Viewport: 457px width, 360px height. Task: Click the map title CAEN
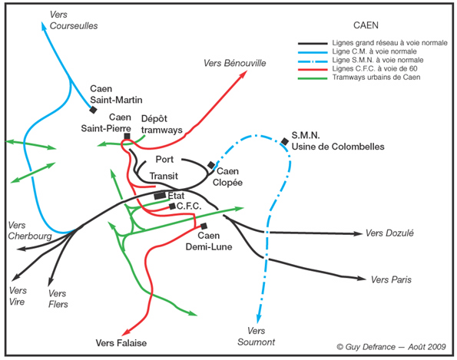(x=366, y=25)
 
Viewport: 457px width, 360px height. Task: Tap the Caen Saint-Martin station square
(x=93, y=110)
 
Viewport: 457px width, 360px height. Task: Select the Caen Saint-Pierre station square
(x=127, y=137)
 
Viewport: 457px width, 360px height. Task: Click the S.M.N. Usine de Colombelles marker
(x=285, y=141)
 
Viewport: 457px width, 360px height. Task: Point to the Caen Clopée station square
(x=211, y=165)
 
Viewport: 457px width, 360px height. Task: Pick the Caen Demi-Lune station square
(x=204, y=226)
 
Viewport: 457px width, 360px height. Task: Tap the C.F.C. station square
(x=172, y=206)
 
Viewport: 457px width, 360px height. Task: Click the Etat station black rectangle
(x=160, y=196)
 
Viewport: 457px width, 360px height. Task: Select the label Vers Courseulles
(x=74, y=20)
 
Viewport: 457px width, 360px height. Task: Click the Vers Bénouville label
(x=234, y=63)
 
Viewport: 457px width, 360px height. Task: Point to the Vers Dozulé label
(x=389, y=233)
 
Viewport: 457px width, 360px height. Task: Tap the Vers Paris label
(x=391, y=279)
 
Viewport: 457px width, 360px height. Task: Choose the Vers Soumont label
(x=257, y=336)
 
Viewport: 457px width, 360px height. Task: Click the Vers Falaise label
(x=121, y=343)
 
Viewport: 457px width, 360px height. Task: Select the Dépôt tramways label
(x=162, y=124)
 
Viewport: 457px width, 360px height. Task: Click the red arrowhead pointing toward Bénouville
(x=243, y=74)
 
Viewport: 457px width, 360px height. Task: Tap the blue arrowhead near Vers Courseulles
(x=44, y=26)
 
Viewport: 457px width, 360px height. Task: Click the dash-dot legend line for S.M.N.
(x=313, y=61)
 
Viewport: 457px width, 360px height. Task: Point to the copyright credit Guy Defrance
(x=391, y=347)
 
